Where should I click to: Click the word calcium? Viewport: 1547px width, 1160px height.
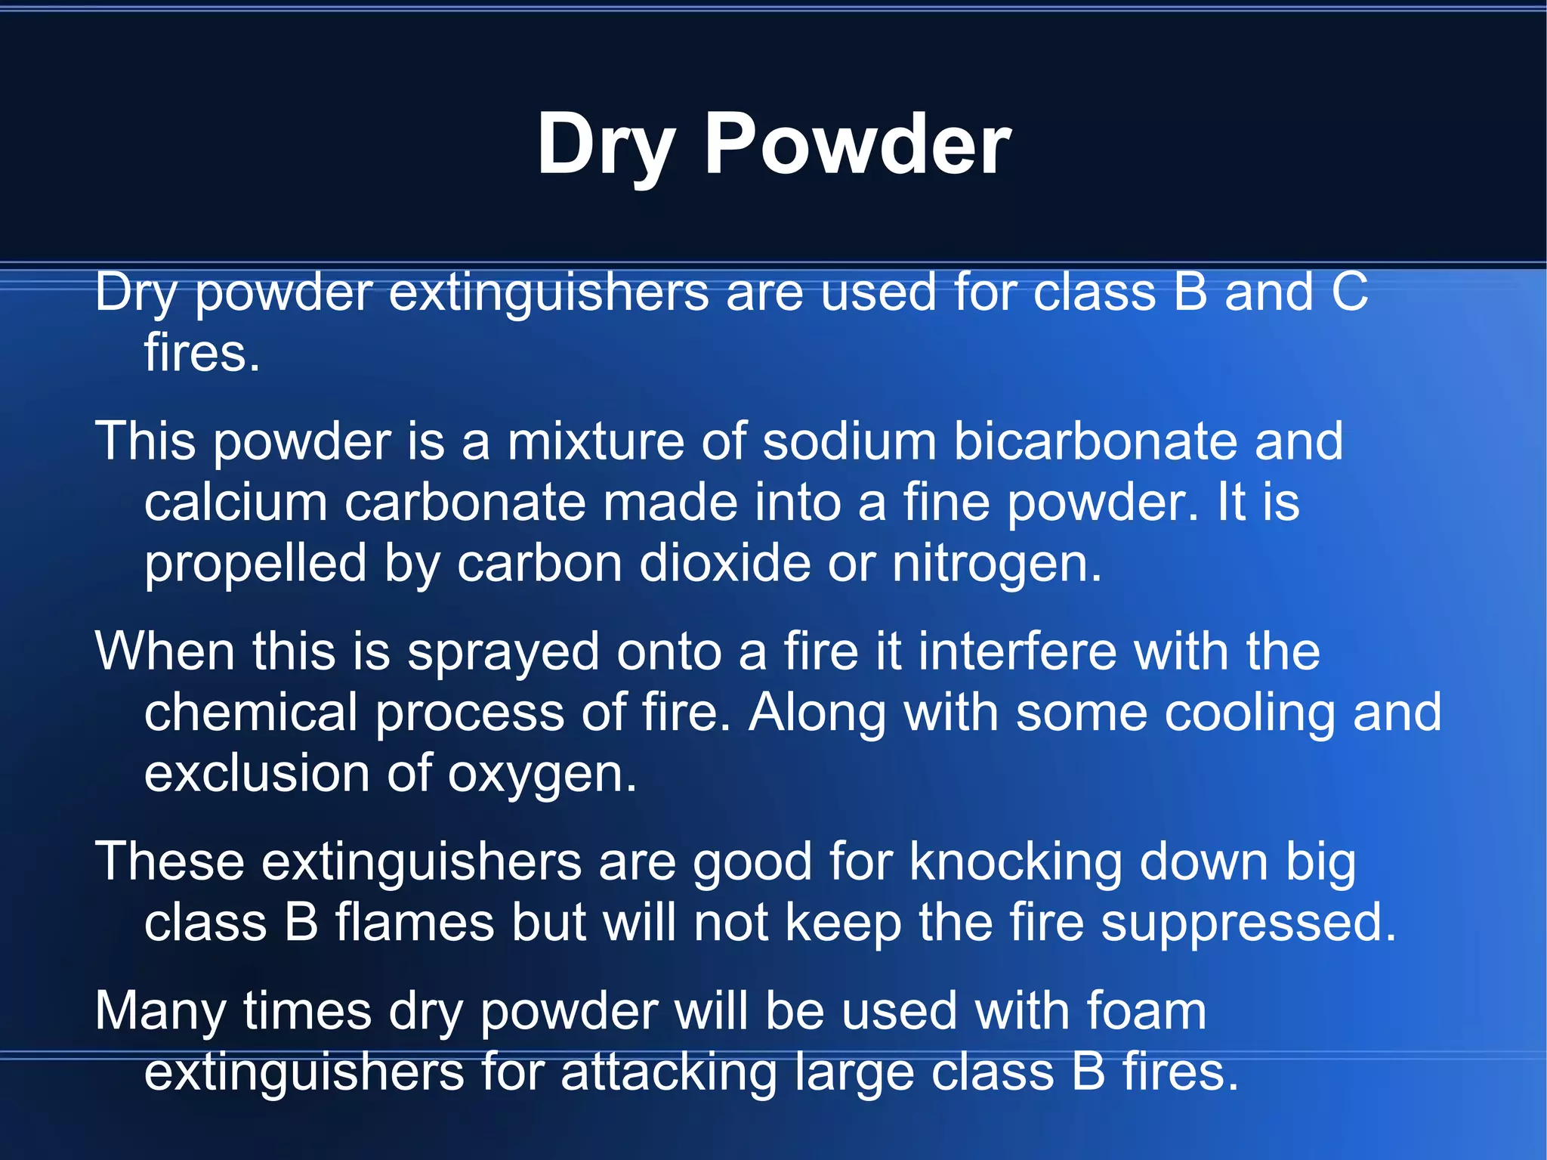pyautogui.click(x=236, y=503)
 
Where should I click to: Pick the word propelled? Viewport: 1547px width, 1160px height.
pyautogui.click(x=255, y=565)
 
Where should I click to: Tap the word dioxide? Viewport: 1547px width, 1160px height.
pyautogui.click(x=724, y=563)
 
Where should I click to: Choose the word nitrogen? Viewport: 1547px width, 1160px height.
pyautogui.click(x=996, y=565)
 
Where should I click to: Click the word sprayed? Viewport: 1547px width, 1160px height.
pyautogui.click(x=503, y=652)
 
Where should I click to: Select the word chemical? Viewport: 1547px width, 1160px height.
pyautogui.click(x=251, y=712)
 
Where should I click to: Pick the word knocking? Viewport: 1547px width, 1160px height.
pyautogui.click(x=1015, y=862)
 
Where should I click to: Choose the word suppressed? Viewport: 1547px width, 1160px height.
pyautogui.click(x=1248, y=923)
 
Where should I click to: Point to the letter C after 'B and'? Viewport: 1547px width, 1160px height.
pyautogui.click(x=1349, y=292)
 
